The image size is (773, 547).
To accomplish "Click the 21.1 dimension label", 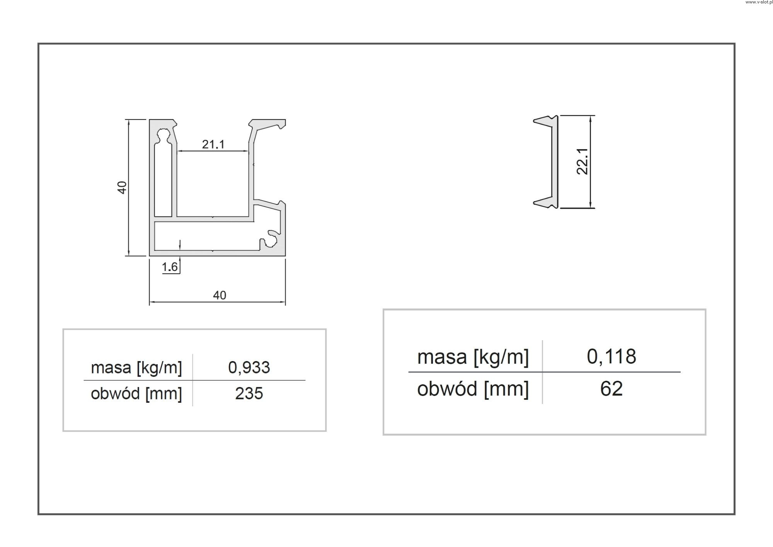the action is click(x=213, y=145).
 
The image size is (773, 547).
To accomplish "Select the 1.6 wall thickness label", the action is click(x=170, y=267).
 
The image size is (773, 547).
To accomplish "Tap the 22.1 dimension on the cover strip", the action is click(x=582, y=161).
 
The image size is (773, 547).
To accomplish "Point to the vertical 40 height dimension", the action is click(x=122, y=187).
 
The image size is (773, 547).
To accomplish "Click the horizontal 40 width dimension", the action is click(x=220, y=295).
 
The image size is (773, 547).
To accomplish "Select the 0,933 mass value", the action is click(x=249, y=367).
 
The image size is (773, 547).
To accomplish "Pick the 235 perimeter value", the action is click(x=249, y=394).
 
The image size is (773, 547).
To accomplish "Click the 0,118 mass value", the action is click(x=611, y=356).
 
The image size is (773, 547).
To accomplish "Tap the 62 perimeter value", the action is click(x=611, y=389).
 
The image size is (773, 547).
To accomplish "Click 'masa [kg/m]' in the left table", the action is click(x=136, y=368).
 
